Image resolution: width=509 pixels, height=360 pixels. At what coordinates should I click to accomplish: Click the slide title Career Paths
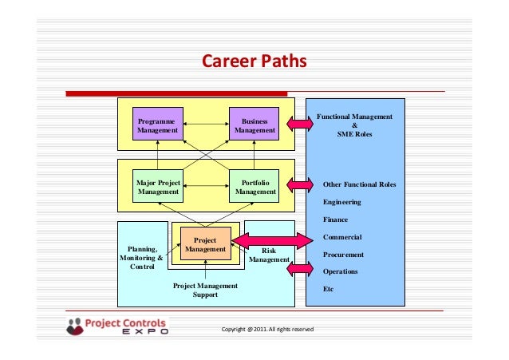254,61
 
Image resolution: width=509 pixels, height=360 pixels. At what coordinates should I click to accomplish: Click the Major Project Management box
158,187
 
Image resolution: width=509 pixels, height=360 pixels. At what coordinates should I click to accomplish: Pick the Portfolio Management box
254,187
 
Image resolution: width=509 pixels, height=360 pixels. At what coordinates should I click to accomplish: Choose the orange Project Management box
205,244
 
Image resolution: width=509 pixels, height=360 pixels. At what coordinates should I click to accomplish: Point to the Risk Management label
269,255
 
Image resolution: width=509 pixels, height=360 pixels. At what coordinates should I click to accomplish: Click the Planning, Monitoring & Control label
141,258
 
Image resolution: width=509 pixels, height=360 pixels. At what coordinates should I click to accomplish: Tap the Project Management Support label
205,290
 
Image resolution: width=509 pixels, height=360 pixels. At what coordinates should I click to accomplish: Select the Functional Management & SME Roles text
355,125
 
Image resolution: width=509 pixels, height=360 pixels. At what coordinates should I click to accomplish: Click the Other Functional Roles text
359,184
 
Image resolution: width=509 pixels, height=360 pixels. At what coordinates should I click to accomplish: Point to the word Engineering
341,202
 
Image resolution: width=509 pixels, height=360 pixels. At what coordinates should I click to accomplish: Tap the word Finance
335,220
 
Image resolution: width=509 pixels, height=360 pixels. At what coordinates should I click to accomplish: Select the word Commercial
342,237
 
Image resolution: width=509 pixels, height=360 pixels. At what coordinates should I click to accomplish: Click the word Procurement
343,255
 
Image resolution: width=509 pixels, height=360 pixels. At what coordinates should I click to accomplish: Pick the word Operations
340,271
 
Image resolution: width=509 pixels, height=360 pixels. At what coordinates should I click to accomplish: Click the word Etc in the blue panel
328,289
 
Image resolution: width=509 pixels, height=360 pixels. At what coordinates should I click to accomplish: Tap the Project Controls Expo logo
117,327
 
